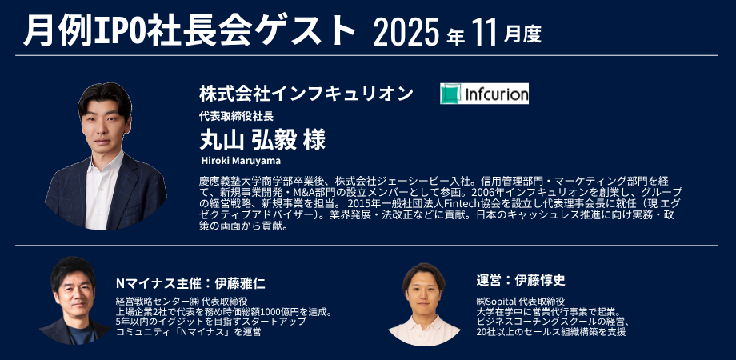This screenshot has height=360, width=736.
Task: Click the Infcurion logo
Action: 484,94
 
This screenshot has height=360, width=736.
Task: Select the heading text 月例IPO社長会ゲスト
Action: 189,31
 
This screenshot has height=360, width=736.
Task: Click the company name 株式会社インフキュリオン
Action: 306,94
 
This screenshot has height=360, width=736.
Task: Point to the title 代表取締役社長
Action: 236,116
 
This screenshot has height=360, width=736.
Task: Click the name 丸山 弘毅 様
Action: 262,139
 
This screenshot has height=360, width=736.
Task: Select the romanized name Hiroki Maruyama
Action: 241,161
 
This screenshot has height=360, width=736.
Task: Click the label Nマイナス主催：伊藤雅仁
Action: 190,283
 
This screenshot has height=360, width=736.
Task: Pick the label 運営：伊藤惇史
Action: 521,281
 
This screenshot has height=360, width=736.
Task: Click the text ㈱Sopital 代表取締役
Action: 520,302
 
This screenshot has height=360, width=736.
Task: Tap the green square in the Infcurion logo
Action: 450,94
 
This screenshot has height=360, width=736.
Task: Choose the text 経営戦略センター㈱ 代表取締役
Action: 181,302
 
